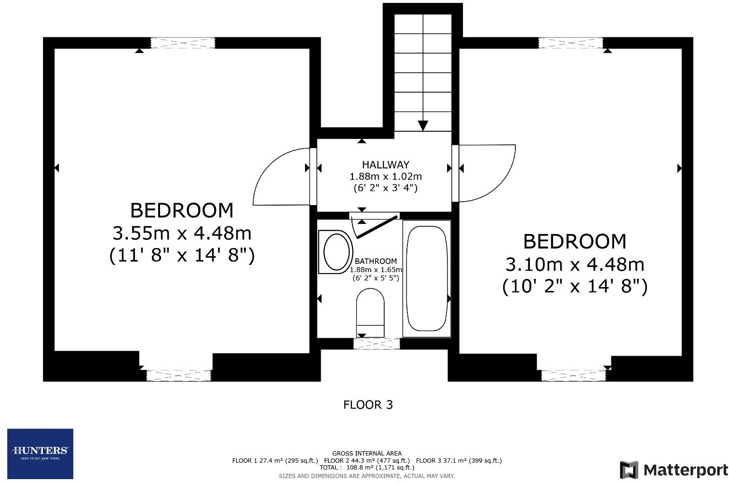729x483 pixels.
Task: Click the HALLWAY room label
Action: coord(385,165)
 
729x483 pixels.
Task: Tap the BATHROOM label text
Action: coord(376,262)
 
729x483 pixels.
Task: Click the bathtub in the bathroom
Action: coord(426,278)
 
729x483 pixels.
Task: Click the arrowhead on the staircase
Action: coord(423,125)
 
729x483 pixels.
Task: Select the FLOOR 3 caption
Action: coord(368,405)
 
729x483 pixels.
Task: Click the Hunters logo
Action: coord(40,454)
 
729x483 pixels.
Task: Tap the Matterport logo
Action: coord(674,469)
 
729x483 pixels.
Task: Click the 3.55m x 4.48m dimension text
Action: coord(182,234)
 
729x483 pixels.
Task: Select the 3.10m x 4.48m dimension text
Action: coord(575,264)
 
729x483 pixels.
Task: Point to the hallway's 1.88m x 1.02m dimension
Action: coord(385,176)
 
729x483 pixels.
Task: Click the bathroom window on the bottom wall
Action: coord(377,344)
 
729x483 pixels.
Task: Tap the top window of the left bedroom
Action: coord(183,43)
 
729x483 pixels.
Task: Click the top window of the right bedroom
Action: coord(570,43)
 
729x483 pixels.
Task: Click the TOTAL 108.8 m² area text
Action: coord(366,467)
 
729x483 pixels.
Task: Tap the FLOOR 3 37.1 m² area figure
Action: coord(459,460)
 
